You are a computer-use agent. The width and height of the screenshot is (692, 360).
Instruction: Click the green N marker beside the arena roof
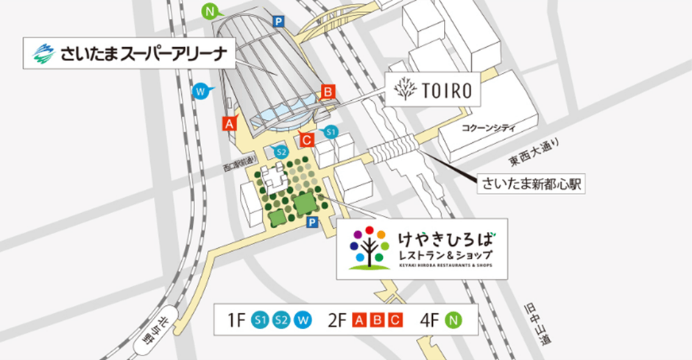point(211,11)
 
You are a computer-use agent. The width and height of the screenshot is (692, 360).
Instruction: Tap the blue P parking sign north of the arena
point(278,22)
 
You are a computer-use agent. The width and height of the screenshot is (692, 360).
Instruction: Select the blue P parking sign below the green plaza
point(313,222)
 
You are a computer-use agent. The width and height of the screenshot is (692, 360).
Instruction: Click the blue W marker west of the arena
point(200,91)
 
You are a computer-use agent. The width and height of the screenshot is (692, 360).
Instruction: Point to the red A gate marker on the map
point(230,123)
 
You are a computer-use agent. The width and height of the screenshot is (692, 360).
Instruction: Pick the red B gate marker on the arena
point(328,92)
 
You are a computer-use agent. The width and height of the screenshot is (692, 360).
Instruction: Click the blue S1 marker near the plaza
point(331,132)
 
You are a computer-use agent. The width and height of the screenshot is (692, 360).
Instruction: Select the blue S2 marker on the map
point(280,152)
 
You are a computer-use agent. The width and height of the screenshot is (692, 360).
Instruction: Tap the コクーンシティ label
point(488,127)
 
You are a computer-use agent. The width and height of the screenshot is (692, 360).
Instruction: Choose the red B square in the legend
point(377,320)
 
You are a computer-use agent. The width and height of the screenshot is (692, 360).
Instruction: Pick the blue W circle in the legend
point(303,320)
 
